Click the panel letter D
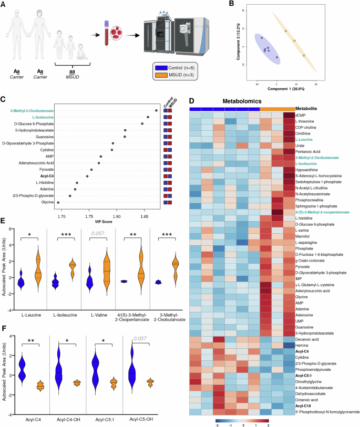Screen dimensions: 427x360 [x=192, y=101]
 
